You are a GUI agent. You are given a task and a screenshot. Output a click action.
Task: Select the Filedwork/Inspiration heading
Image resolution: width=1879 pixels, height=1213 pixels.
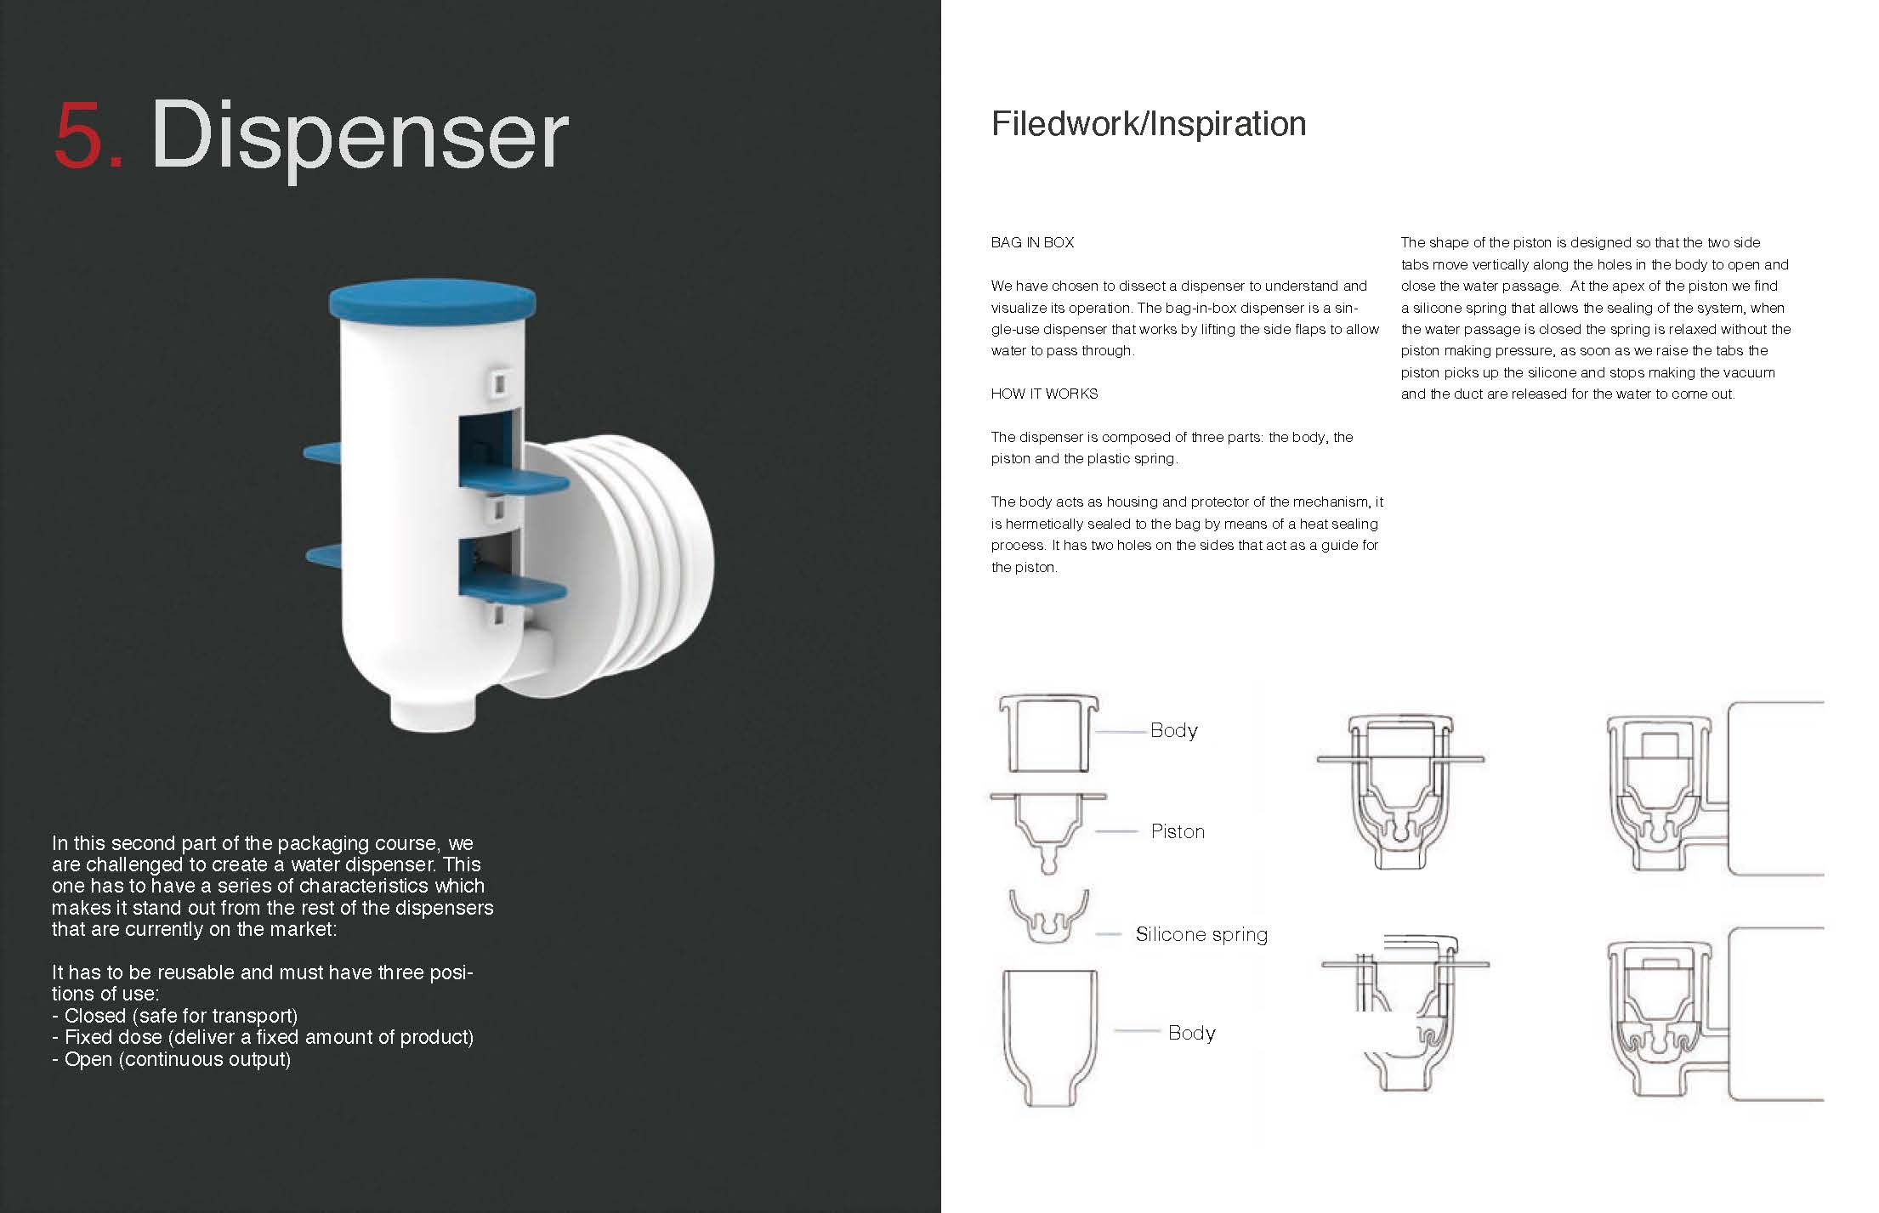pos(1149,124)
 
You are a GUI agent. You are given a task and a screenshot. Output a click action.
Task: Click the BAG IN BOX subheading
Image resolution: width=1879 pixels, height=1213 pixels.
pos(1032,242)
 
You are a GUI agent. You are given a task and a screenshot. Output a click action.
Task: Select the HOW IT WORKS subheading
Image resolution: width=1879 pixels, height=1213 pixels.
pos(1044,394)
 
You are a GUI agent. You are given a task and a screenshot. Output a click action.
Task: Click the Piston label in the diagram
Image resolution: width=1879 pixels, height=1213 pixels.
pos(1178,831)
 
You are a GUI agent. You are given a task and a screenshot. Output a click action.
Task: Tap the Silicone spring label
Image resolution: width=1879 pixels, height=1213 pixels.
pos(1201,934)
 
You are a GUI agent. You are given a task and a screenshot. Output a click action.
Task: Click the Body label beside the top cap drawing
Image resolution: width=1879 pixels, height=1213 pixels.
pos(1173,730)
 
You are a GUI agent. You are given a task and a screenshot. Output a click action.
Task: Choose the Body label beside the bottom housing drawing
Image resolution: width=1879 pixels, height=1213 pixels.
pos(1191,1033)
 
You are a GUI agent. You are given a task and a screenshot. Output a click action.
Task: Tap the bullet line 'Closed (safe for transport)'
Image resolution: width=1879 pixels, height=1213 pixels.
pos(175,1016)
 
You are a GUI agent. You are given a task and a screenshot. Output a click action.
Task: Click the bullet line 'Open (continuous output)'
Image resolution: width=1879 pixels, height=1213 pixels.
pos(171,1059)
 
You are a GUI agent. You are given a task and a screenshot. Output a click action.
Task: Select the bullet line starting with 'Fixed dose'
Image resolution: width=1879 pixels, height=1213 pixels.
pos(263,1037)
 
